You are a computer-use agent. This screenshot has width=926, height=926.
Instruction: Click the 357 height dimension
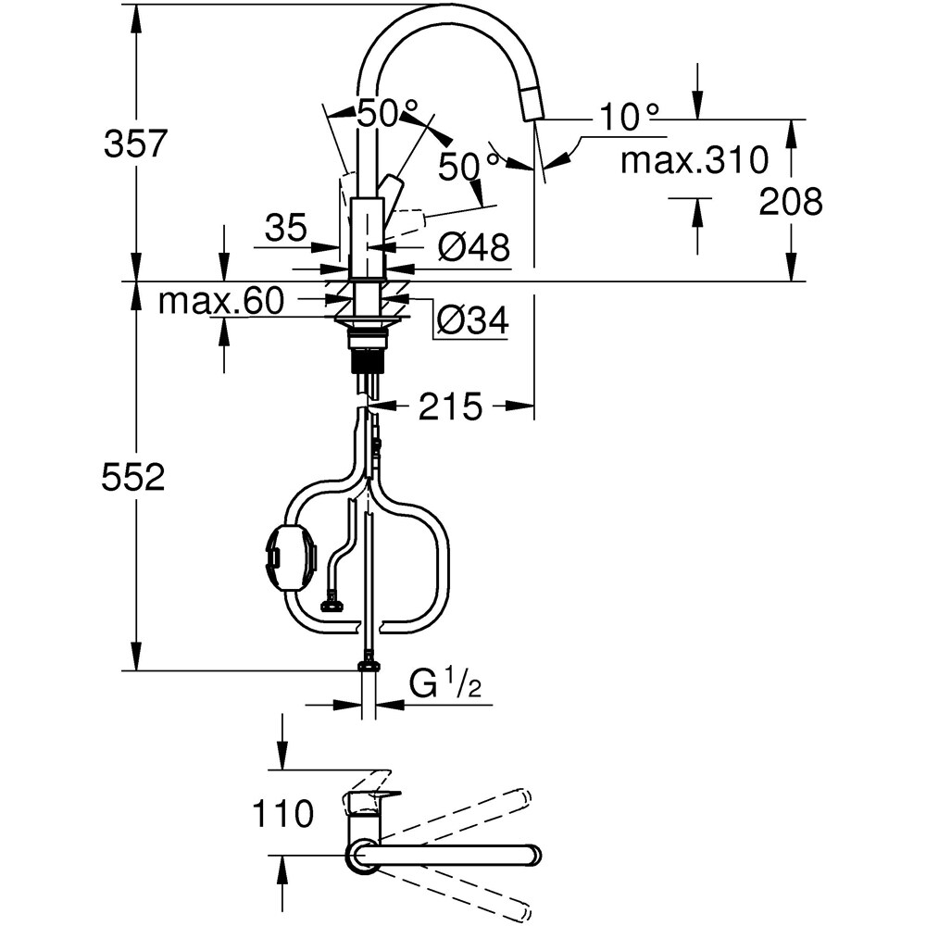(x=135, y=144)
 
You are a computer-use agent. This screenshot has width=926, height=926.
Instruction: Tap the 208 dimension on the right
(x=790, y=201)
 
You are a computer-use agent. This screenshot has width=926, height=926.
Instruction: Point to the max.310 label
(x=694, y=160)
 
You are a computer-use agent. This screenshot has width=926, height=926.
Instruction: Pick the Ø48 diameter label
(x=473, y=247)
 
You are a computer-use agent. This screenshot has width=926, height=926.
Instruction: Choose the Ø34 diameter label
(x=471, y=321)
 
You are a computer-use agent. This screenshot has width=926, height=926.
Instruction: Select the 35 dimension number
(x=286, y=227)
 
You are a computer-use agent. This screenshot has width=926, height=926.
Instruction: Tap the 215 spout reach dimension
(x=450, y=407)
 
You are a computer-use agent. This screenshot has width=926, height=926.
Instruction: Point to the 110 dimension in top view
(x=282, y=814)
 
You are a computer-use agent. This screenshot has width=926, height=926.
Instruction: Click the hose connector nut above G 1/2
(x=369, y=663)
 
